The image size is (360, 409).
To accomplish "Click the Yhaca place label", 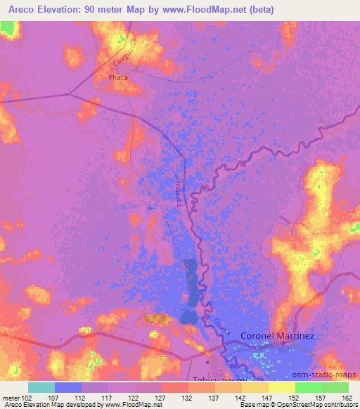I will point(117,77).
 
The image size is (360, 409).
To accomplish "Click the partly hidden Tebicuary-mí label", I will point(221,378).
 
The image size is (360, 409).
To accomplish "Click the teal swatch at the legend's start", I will point(41,387).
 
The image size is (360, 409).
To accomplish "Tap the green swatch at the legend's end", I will point(335,387).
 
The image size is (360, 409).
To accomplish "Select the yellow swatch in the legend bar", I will point(282,387).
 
